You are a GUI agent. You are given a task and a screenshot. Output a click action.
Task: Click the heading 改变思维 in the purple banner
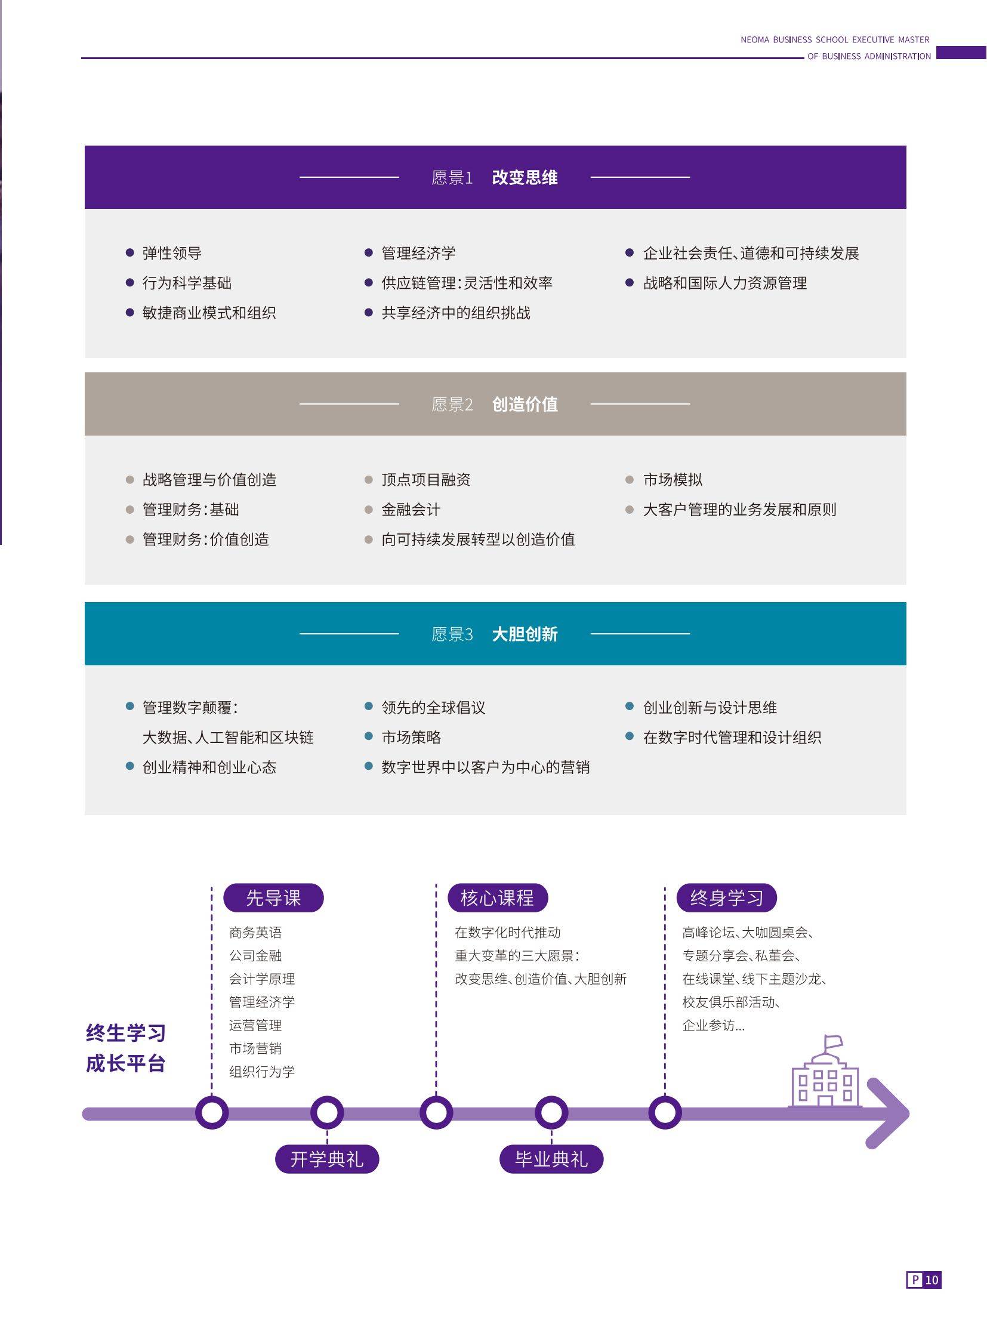click(x=525, y=177)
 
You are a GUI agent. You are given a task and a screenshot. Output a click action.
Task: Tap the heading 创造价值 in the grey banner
click(x=525, y=405)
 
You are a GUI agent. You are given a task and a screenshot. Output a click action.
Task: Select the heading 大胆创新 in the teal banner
click(x=525, y=634)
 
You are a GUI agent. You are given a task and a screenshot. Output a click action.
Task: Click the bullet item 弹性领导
click(x=172, y=254)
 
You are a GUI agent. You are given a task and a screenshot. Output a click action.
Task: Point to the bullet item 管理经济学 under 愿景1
click(x=418, y=254)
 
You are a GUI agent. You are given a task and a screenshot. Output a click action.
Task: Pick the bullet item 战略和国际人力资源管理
click(x=724, y=283)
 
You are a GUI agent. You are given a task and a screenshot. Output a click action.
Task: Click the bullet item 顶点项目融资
click(x=426, y=480)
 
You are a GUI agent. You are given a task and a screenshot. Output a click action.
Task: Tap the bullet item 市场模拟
click(x=673, y=480)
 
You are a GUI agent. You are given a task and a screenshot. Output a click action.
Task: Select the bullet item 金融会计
click(x=411, y=510)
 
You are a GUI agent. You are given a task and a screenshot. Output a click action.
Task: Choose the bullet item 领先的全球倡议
click(x=433, y=708)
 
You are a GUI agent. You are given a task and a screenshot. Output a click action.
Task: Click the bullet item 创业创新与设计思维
click(x=710, y=708)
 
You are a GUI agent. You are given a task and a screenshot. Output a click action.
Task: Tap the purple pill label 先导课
click(x=274, y=898)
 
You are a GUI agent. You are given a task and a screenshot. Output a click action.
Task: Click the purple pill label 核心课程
click(x=498, y=898)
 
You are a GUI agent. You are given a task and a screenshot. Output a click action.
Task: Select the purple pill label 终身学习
click(x=726, y=898)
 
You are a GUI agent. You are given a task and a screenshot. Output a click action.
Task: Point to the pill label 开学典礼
click(x=327, y=1160)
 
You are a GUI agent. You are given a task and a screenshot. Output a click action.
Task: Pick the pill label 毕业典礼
click(x=551, y=1160)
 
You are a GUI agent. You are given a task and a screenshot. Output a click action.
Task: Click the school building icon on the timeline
click(x=825, y=1073)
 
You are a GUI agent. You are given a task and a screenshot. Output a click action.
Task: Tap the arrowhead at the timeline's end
click(x=888, y=1113)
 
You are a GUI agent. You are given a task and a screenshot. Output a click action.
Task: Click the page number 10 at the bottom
click(x=932, y=1280)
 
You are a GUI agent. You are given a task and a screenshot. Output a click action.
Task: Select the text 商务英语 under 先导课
click(x=255, y=933)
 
